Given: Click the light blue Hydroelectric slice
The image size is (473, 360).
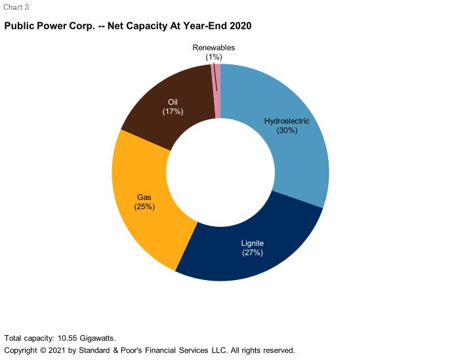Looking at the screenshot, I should pyautogui.click(x=295, y=157).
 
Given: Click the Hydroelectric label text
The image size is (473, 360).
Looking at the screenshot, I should pyautogui.click(x=287, y=121).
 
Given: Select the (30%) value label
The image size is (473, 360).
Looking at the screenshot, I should pyautogui.click(x=287, y=130).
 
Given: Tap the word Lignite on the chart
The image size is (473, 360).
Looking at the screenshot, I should pyautogui.click(x=253, y=243).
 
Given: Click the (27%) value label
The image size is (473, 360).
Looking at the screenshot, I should pyautogui.click(x=253, y=252).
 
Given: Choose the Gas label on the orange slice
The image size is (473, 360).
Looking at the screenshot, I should pyautogui.click(x=145, y=197).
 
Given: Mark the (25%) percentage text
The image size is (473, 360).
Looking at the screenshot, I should pyautogui.click(x=145, y=207).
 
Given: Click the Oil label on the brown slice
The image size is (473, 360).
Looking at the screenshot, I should pyautogui.click(x=173, y=102).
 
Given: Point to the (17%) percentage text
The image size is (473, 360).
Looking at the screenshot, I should pyautogui.click(x=173, y=111).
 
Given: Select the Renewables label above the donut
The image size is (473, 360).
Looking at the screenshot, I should pyautogui.click(x=214, y=48).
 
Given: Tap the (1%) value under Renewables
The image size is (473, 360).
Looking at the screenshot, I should pyautogui.click(x=214, y=57).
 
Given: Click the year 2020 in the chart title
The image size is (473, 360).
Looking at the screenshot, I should pyautogui.click(x=240, y=26).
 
